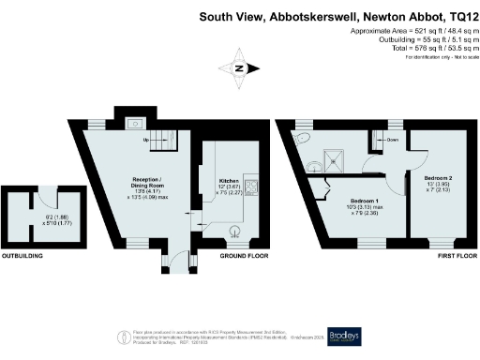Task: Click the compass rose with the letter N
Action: [x=239, y=68]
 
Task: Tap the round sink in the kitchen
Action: [x=234, y=231]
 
